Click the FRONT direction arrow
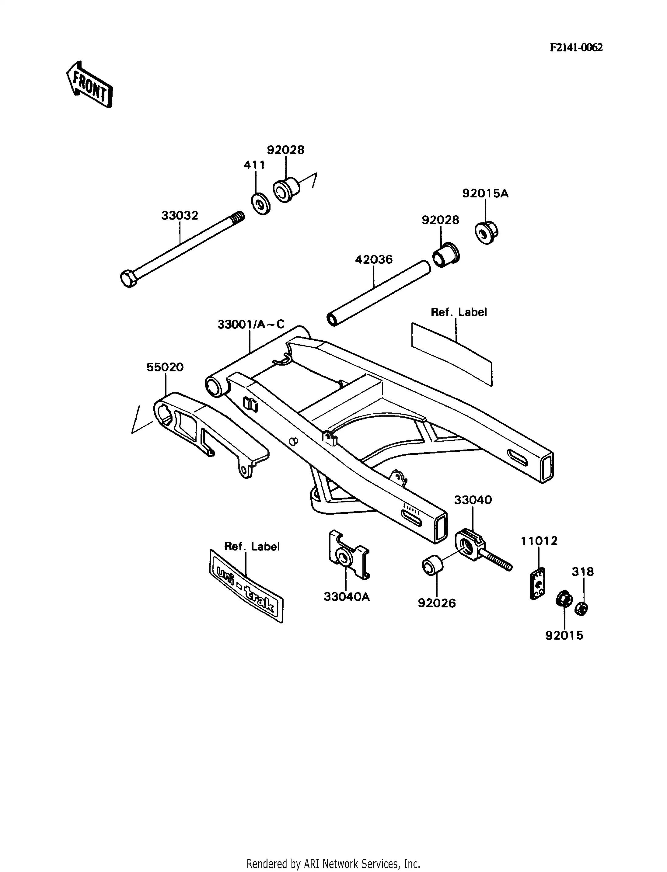click(x=90, y=85)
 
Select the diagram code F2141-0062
click(x=576, y=48)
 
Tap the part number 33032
click(x=180, y=216)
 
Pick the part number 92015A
click(x=485, y=194)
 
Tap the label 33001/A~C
click(x=251, y=325)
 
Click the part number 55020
click(x=165, y=367)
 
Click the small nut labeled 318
click(x=581, y=608)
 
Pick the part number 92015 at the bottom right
click(x=564, y=635)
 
